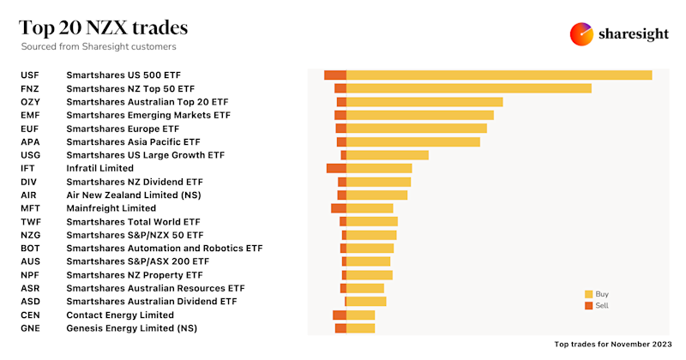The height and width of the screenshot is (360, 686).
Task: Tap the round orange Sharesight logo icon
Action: coord(582,34)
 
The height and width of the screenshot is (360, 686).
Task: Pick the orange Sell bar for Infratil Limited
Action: coord(336,168)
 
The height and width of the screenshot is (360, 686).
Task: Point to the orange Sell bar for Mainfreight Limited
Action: coord(339,208)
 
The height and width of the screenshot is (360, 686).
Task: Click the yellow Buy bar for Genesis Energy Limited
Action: coord(361,328)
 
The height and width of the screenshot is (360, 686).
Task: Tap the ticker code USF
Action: coord(29,75)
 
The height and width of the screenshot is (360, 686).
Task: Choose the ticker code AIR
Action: coord(28,195)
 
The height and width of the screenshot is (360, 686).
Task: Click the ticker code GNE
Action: coord(29,328)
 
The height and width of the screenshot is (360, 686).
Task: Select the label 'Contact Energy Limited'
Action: coord(120,315)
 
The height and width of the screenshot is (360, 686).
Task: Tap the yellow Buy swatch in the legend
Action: coord(588,293)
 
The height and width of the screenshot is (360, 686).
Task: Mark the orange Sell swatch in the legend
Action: coord(588,305)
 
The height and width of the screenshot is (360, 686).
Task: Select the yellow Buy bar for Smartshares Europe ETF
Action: coord(417,129)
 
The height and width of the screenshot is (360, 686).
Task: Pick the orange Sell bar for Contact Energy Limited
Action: coord(340,315)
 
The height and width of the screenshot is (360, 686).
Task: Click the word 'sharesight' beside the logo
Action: coord(635,34)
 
